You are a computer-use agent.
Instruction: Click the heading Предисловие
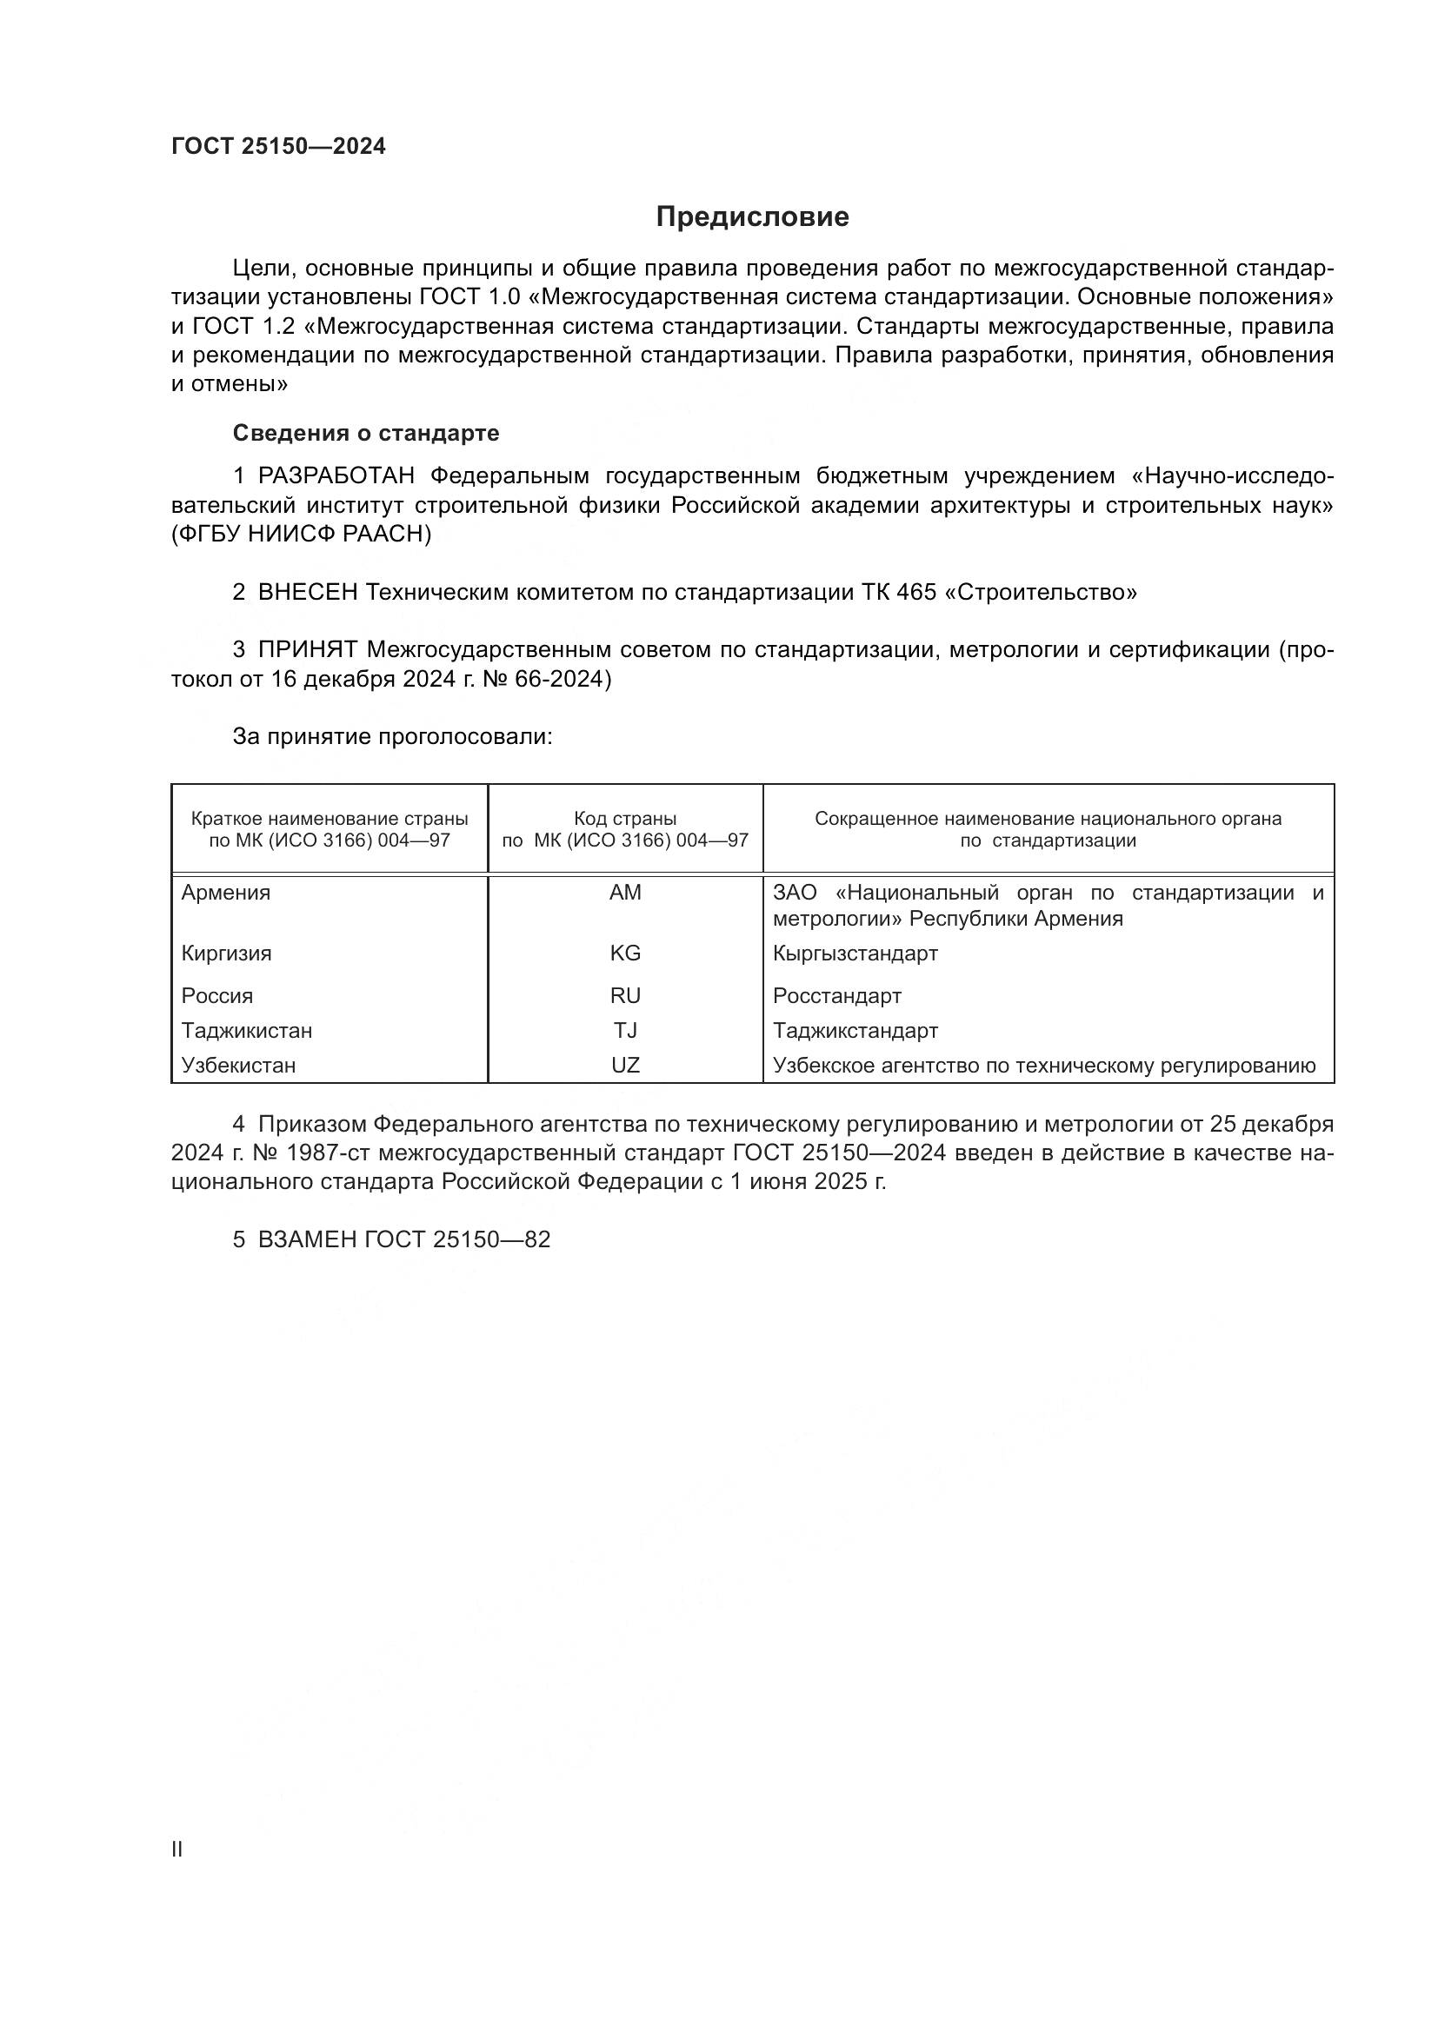click(752, 217)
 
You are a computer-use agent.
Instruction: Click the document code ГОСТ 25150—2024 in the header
click(279, 147)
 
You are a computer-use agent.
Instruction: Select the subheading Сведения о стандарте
click(366, 433)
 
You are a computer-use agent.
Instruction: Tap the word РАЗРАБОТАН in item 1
click(336, 476)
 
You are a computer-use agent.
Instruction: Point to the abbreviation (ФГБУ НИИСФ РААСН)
click(301, 535)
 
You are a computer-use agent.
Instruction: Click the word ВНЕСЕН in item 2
click(307, 593)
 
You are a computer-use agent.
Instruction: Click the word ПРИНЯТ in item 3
click(307, 650)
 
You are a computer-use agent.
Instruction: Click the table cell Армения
click(226, 893)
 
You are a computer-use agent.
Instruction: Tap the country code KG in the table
click(625, 953)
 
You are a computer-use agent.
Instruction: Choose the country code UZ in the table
click(625, 1066)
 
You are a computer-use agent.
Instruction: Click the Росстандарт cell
click(836, 996)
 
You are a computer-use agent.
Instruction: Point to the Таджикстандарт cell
click(855, 1031)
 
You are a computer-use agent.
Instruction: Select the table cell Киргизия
click(227, 953)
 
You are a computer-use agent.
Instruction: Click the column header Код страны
click(625, 819)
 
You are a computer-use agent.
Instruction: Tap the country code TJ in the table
click(625, 1031)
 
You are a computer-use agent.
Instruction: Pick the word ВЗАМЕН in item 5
click(307, 1239)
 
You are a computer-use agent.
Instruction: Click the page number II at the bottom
click(177, 1849)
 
